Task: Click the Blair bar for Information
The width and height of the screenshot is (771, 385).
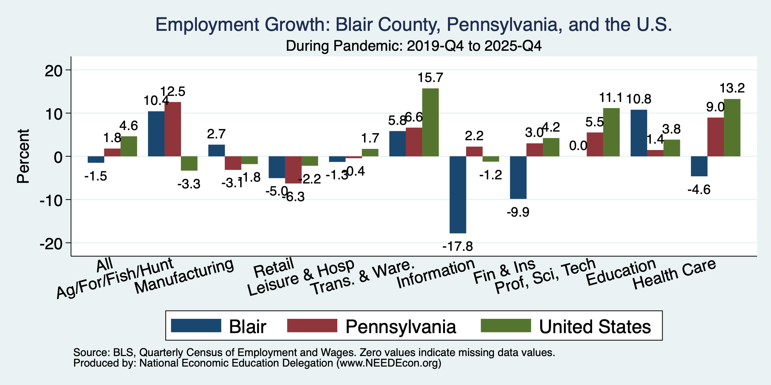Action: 458,195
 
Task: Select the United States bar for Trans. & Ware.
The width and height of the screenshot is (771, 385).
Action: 430,122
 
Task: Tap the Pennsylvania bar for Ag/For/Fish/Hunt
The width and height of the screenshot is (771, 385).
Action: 173,129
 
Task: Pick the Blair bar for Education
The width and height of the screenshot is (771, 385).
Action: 639,133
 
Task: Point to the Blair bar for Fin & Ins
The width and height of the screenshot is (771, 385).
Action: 518,177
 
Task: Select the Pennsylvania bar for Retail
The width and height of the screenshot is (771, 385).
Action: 293,170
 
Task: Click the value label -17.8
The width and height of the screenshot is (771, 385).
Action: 457,247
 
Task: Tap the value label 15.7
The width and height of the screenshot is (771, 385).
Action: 430,78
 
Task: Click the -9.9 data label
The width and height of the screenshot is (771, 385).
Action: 518,212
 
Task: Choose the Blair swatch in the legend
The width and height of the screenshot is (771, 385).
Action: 196,326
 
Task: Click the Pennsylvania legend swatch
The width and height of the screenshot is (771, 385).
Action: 312,326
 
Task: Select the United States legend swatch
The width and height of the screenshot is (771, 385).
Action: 506,326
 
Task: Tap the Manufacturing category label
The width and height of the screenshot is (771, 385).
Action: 184,277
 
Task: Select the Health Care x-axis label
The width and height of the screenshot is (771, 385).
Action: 674,275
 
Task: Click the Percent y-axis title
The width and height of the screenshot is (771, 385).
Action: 23,156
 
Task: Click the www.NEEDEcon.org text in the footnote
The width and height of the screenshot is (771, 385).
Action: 388,364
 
